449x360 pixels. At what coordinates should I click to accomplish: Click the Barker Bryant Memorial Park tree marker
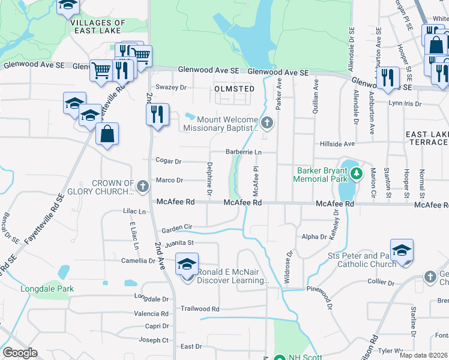[357, 174]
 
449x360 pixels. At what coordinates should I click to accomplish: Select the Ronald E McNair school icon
[187, 264]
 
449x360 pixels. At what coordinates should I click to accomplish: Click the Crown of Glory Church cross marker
[143, 186]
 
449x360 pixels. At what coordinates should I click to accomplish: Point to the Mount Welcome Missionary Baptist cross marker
[268, 124]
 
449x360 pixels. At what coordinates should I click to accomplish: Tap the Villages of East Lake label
[98, 27]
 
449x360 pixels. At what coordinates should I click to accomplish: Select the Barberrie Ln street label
[244, 152]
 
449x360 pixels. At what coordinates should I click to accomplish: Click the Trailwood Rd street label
[200, 309]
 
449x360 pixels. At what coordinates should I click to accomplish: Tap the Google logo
[20, 353]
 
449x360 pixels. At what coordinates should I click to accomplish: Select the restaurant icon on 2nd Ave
[157, 114]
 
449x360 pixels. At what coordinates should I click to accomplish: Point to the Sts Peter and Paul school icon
[402, 251]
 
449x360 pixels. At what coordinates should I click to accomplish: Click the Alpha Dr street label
[315, 237]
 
